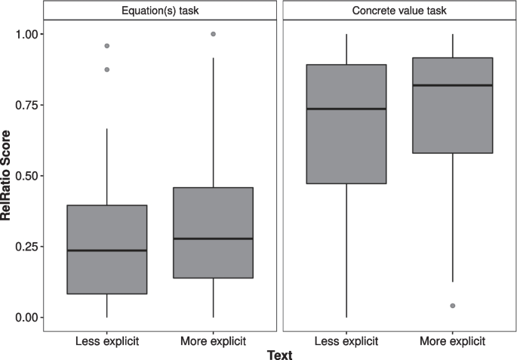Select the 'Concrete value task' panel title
tap(399, 10)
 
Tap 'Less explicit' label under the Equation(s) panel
tap(106, 340)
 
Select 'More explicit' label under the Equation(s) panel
tap(213, 340)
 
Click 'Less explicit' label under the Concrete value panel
tap(346, 340)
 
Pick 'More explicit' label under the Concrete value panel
tap(453, 340)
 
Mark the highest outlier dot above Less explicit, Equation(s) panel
tap(106, 46)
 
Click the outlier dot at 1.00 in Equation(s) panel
tap(213, 34)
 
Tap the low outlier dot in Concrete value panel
tap(453, 306)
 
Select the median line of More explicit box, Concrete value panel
tap(453, 85)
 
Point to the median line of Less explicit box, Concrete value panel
tap(346, 109)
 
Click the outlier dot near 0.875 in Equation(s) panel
tap(106, 69)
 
